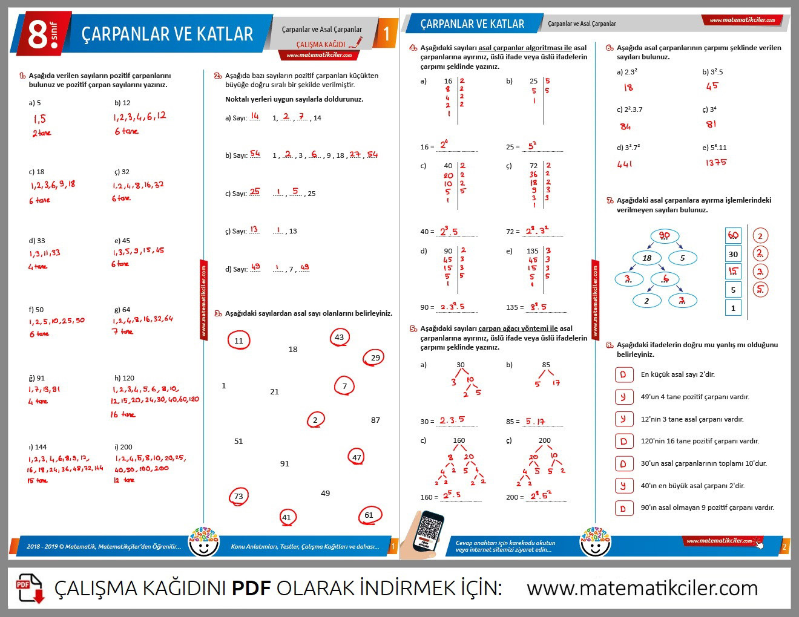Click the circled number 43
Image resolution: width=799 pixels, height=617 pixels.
pyautogui.click(x=339, y=338)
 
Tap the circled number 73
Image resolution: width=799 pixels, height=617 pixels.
pyautogui.click(x=238, y=497)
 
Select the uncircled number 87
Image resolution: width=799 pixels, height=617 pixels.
pyautogui.click(x=375, y=420)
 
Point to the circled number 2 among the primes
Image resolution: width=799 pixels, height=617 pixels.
pyautogui.click(x=315, y=420)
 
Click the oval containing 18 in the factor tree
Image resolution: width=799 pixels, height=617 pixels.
pyautogui.click(x=647, y=258)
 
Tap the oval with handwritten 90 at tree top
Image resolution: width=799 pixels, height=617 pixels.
pyautogui.click(x=664, y=236)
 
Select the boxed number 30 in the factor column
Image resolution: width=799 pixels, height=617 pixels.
pyautogui.click(x=733, y=254)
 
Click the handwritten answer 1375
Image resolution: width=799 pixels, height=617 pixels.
pyautogui.click(x=715, y=163)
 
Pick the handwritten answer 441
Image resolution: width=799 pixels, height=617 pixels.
pyautogui.click(x=625, y=164)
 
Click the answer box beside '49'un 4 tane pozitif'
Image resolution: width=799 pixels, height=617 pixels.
pyautogui.click(x=623, y=397)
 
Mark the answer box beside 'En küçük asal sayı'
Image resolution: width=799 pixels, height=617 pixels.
pyautogui.click(x=623, y=374)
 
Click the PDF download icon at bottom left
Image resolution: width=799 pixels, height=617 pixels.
pyautogui.click(x=30, y=588)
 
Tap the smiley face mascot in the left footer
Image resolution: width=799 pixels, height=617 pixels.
pyautogui.click(x=203, y=541)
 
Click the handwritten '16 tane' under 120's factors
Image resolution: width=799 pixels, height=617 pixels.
pyautogui.click(x=123, y=415)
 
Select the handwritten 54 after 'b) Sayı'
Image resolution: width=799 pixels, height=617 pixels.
pyautogui.click(x=255, y=154)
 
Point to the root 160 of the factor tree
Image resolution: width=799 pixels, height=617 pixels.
pyautogui.click(x=459, y=440)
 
